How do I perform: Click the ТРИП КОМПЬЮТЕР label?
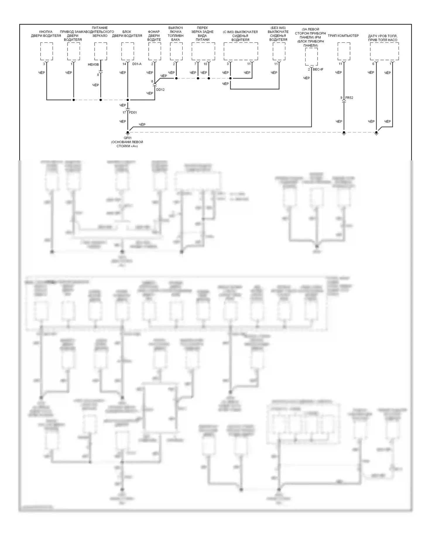(343, 36)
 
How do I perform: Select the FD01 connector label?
(133, 112)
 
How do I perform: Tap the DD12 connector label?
(160, 90)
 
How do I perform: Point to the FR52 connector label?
(349, 98)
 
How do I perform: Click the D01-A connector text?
(137, 64)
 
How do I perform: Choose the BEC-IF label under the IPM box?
(318, 69)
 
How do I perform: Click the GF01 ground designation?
(128, 138)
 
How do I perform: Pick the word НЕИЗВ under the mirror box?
(93, 64)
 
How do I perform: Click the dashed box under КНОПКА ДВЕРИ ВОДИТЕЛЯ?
(47, 51)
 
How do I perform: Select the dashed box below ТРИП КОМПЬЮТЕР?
(344, 51)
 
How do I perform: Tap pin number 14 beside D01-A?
(124, 64)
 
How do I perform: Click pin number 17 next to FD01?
(124, 112)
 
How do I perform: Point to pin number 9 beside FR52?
(341, 98)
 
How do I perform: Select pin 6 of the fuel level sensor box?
(373, 64)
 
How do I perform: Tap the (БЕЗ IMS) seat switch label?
(278, 34)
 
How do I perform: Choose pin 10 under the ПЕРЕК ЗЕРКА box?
(205, 64)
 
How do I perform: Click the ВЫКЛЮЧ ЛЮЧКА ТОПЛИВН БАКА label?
(176, 34)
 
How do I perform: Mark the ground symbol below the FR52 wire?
(344, 133)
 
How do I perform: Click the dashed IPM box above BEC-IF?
(311, 57)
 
